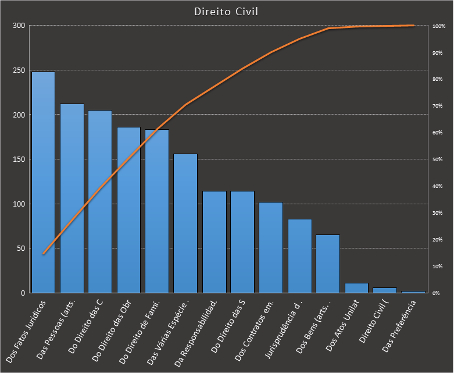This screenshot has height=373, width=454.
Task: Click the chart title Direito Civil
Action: tap(227, 11)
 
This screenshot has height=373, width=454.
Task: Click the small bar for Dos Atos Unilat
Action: tap(357, 288)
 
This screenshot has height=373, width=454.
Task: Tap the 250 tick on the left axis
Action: tap(19, 70)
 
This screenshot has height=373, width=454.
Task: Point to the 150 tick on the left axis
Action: tap(19, 159)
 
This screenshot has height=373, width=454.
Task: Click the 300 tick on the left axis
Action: tap(19, 26)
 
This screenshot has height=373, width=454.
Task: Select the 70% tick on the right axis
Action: tap(438, 106)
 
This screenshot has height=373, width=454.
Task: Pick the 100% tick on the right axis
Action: tap(439, 26)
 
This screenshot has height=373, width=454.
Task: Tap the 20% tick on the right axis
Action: tap(438, 240)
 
